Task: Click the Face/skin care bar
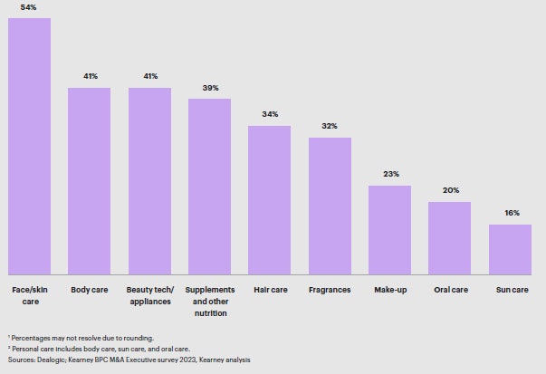coord(29,146)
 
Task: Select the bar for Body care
coord(90,181)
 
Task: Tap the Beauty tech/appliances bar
coord(149,181)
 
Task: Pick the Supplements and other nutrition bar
coord(209,186)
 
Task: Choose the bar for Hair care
coord(270,199)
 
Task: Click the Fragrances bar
coord(330,206)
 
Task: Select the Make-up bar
coord(389,230)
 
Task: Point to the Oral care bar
coord(450,237)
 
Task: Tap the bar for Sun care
coord(510,249)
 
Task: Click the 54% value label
coord(29,7)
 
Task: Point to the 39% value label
coord(209,88)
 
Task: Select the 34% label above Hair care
coord(270,114)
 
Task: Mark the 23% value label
coord(389,174)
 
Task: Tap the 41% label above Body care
coord(90,76)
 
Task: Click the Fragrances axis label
coord(330,290)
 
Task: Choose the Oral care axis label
coord(450,290)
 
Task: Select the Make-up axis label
coord(389,290)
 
